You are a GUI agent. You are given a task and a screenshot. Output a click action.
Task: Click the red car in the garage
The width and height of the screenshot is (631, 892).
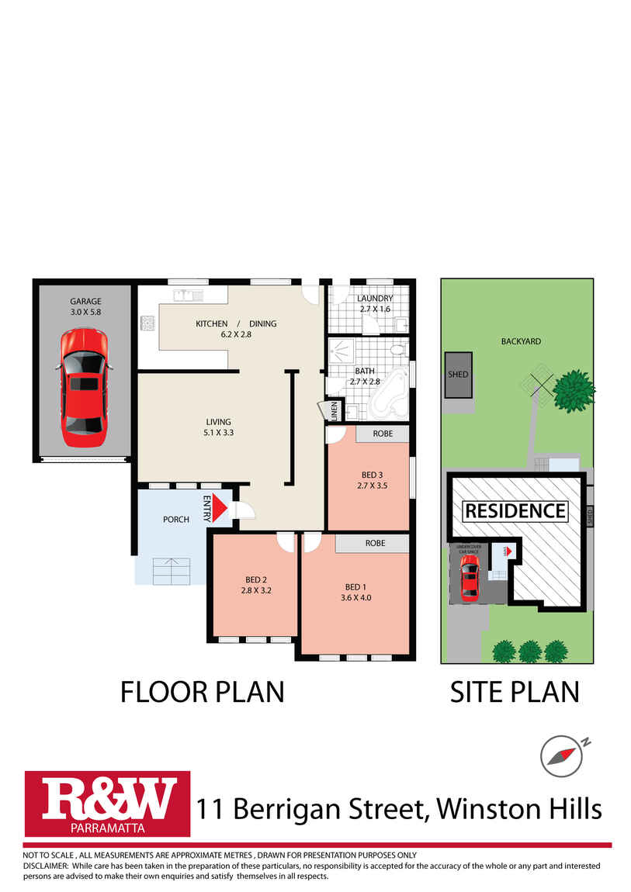coord(83,388)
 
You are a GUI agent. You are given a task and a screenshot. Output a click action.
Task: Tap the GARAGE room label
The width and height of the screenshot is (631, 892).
coord(85,302)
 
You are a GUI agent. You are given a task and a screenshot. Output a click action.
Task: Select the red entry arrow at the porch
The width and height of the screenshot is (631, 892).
coord(219,507)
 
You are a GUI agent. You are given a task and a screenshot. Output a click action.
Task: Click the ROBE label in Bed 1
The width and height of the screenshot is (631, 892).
coord(374,544)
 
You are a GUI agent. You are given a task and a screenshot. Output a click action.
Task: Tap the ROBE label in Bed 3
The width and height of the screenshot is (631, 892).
coord(383,434)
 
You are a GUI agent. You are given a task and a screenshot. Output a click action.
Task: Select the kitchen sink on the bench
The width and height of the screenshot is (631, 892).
coord(187,295)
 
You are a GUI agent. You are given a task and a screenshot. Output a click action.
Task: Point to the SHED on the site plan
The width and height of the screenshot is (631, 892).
coord(458,374)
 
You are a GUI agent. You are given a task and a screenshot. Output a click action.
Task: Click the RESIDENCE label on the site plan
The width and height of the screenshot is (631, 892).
coord(515,511)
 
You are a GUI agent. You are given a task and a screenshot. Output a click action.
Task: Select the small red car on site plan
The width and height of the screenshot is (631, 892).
coord(468,578)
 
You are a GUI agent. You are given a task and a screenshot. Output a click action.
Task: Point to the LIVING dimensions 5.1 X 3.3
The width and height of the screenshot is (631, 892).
coord(215,434)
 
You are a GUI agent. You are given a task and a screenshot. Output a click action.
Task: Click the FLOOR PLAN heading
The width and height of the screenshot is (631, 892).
coord(202,691)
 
